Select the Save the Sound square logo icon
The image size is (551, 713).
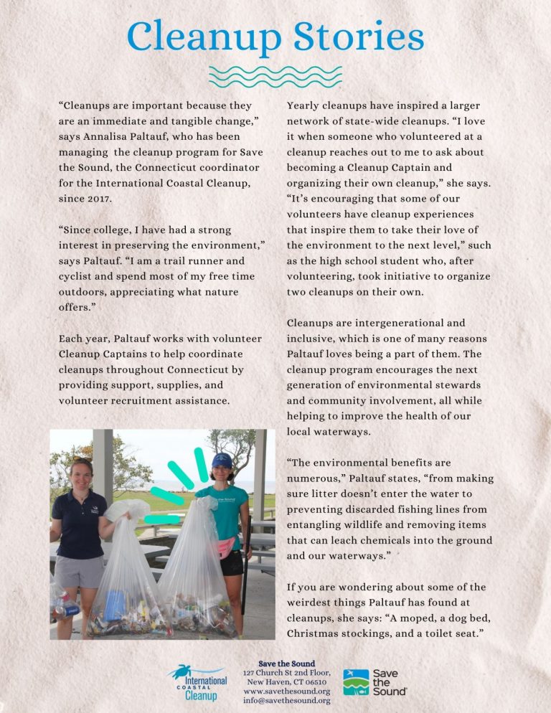[x=356, y=682]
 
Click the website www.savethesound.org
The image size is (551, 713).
[x=286, y=691]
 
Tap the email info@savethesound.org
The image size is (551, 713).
[x=286, y=701]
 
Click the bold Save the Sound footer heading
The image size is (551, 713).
[x=286, y=664]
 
